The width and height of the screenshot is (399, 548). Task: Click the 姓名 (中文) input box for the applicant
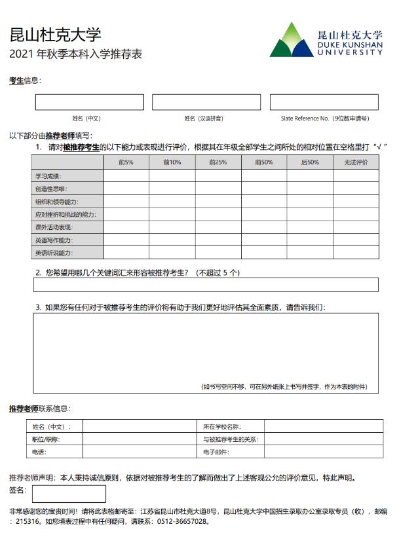pyautogui.click(x=89, y=102)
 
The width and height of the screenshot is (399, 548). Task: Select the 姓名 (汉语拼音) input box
pyautogui.click(x=206, y=102)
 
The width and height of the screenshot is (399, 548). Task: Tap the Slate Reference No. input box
pyautogui.click(x=324, y=102)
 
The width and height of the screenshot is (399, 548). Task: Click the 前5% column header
pyautogui.click(x=126, y=162)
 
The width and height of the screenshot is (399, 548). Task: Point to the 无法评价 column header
pyautogui.click(x=356, y=162)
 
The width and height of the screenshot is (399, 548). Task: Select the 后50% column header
pyautogui.click(x=310, y=162)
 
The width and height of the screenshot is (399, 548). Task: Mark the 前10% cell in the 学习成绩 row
pyautogui.click(x=172, y=175)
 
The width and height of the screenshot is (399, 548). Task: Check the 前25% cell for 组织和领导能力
pyautogui.click(x=218, y=202)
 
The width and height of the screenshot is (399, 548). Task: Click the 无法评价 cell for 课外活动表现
pyautogui.click(x=356, y=227)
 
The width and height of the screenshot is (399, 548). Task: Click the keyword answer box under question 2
pyautogui.click(x=206, y=285)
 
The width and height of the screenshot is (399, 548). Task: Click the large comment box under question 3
pyautogui.click(x=206, y=347)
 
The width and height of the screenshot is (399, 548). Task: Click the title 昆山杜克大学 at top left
pyautogui.click(x=55, y=35)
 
